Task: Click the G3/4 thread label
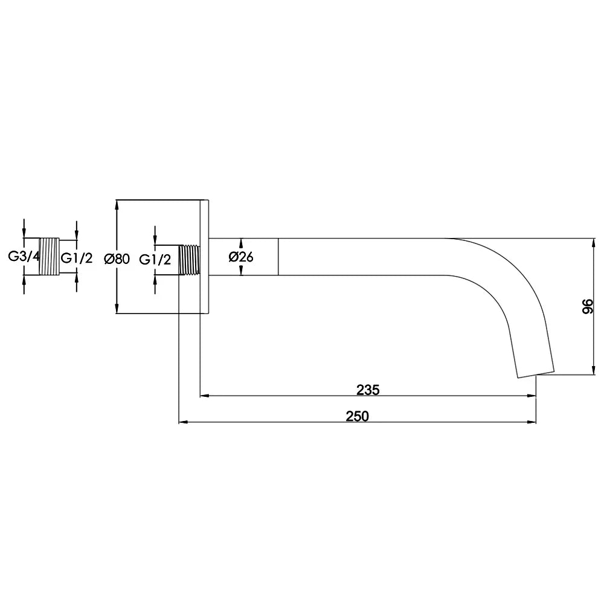coord(24,257)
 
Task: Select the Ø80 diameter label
coord(117,259)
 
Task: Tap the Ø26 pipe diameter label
coord(241,257)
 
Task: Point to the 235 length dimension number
coord(368,390)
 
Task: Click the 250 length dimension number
coord(357,416)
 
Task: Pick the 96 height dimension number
coord(588,306)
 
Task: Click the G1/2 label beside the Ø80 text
coord(155,260)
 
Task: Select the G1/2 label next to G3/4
coord(77,258)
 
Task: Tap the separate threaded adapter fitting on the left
coord(50,257)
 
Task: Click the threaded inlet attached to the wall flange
coord(189,260)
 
